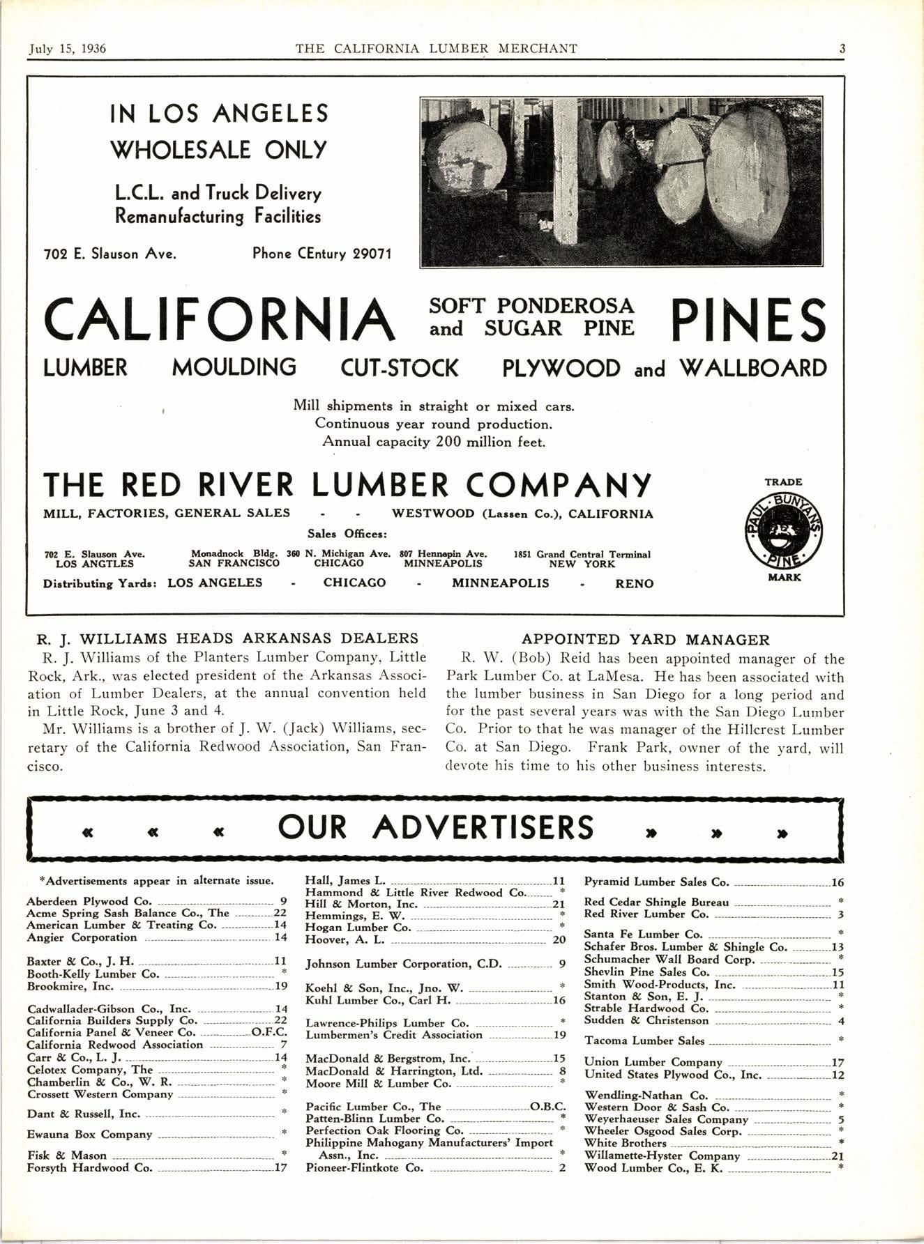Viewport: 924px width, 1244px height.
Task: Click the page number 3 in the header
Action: click(x=842, y=49)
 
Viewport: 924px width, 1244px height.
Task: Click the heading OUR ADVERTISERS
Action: click(x=436, y=828)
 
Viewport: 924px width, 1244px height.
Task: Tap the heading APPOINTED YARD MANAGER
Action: click(x=646, y=640)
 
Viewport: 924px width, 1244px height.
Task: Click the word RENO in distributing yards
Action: click(x=634, y=583)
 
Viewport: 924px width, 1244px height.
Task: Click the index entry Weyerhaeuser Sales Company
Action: click(x=666, y=1119)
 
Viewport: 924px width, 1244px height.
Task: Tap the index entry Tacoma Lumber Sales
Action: click(x=644, y=1041)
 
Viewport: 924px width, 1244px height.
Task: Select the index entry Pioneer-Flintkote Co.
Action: click(x=364, y=1168)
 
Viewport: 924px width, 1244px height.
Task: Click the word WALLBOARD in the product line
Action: click(x=752, y=367)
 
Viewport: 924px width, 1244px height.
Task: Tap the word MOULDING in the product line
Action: click(x=234, y=367)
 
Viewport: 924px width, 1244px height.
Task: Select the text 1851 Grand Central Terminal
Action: click(x=582, y=555)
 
